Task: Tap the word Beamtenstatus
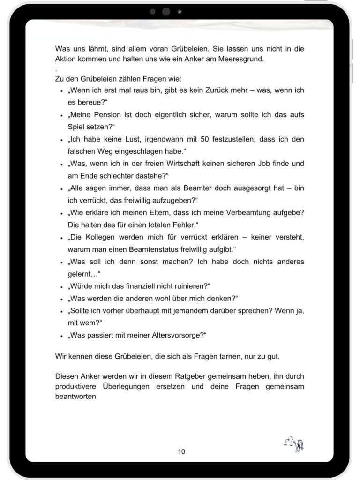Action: point(167,249)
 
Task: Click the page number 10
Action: point(181,451)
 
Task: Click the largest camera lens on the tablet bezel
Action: point(166,12)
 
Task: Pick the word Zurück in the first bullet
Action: point(218,90)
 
